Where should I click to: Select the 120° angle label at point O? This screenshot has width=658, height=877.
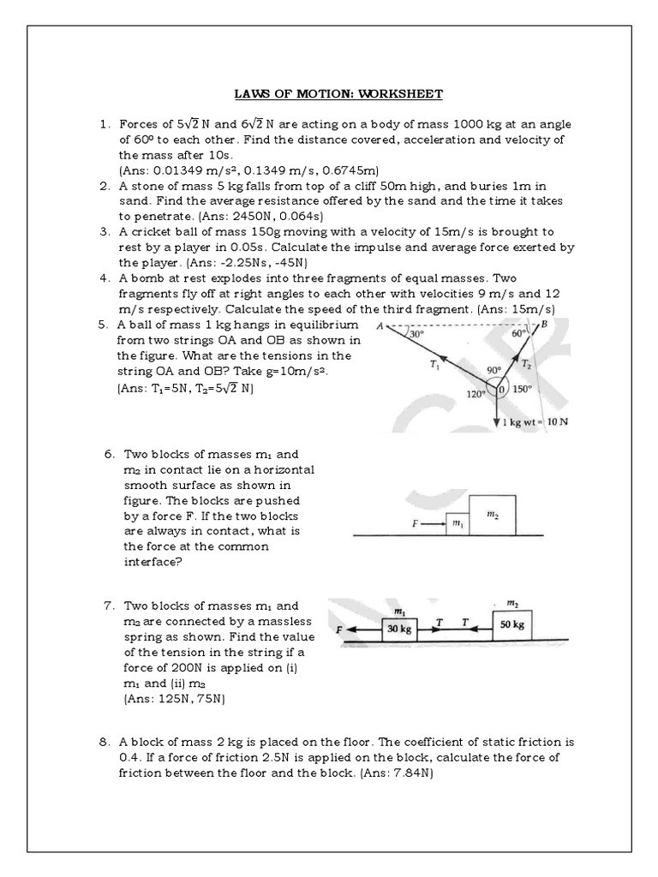point(476,394)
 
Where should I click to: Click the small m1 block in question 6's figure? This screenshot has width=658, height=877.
point(458,523)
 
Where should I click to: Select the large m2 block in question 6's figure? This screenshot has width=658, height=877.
point(493,515)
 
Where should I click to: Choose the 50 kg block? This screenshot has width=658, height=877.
point(511,624)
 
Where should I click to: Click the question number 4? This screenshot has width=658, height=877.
point(104,278)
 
